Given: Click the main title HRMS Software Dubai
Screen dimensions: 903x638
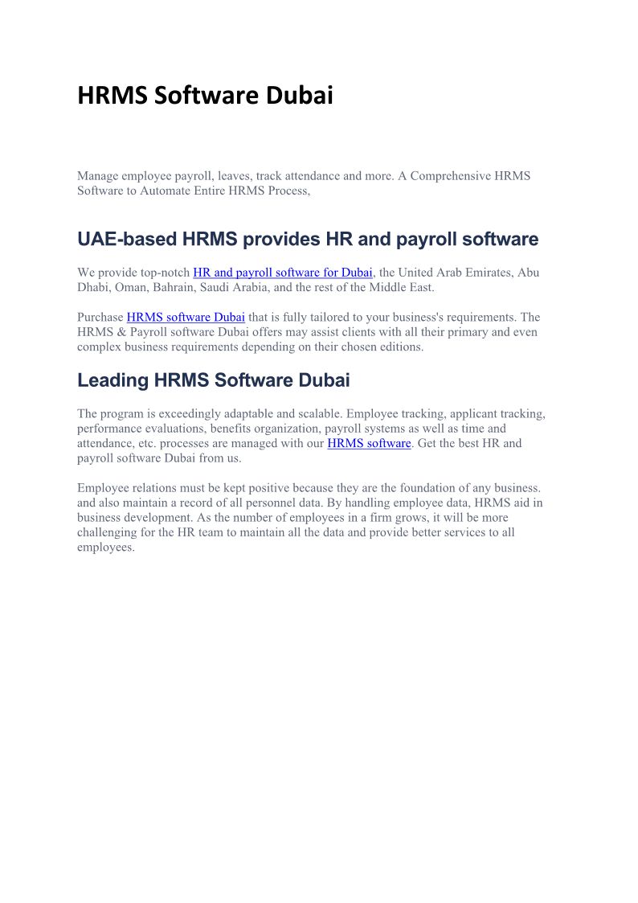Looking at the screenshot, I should pyautogui.click(x=205, y=96).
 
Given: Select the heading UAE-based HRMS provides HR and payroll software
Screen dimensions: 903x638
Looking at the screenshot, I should pyautogui.click(x=308, y=240).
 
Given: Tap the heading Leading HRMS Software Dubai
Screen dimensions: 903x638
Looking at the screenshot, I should pyautogui.click(x=213, y=380).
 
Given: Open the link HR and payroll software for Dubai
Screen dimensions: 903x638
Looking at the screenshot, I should pyautogui.click(x=282, y=273).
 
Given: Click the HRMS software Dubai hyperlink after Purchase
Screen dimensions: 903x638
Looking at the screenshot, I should pyautogui.click(x=186, y=317).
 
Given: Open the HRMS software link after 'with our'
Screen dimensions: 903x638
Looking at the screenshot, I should pyautogui.click(x=369, y=443).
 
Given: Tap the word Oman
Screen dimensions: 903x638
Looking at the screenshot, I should pyautogui.click(x=131, y=287).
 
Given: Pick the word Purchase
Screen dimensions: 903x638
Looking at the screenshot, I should pyautogui.click(x=100, y=317).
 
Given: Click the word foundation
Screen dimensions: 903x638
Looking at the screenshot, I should pyautogui.click(x=435, y=488).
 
